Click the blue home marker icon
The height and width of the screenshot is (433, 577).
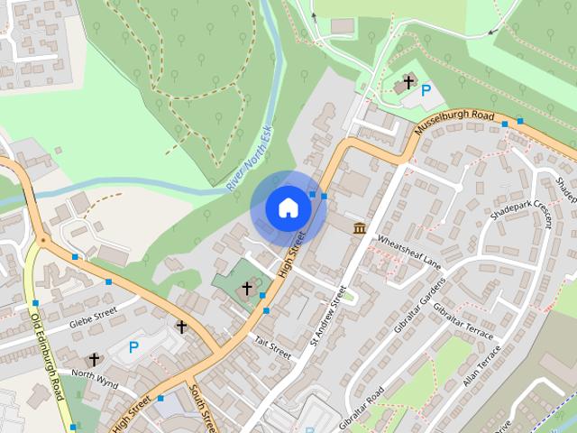click(x=288, y=208)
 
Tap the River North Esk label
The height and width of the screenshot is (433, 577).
click(x=250, y=158)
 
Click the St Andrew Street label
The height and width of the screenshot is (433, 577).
click(x=328, y=316)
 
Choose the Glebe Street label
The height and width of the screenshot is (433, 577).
click(x=93, y=318)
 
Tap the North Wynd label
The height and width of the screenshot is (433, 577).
click(x=95, y=374)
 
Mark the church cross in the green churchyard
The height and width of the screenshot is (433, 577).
click(x=246, y=288)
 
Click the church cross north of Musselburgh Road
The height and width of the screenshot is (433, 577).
click(x=408, y=83)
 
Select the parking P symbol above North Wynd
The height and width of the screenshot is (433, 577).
click(x=133, y=346)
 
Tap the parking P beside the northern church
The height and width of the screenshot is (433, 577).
click(x=426, y=90)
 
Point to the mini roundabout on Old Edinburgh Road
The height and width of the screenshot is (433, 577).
click(x=41, y=241)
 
